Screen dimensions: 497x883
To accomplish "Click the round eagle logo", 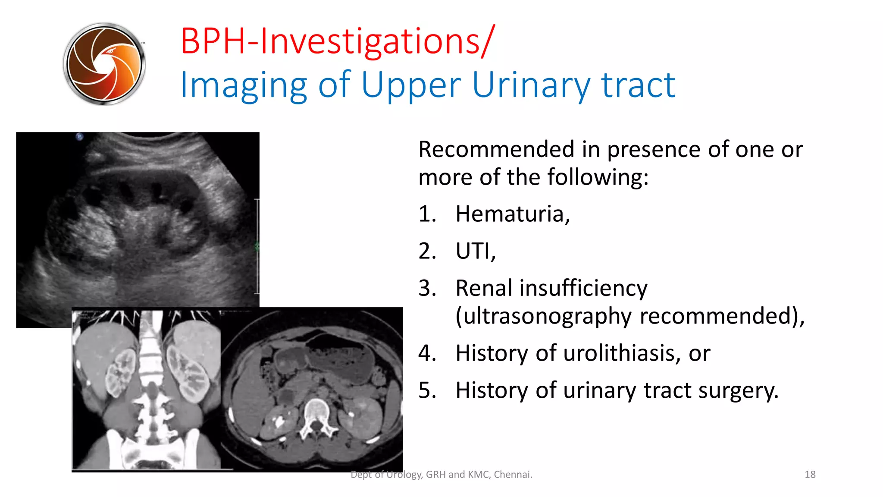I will tap(104, 64).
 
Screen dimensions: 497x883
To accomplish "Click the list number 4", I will tap(426, 353).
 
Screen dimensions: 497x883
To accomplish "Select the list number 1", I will tap(426, 214).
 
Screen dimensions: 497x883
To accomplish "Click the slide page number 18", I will tap(810, 475).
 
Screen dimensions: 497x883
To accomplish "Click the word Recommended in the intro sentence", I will tap(496, 150).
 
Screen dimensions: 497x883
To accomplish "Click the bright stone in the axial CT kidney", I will tap(279, 421).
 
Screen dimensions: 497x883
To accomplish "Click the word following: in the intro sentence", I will tap(598, 177).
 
